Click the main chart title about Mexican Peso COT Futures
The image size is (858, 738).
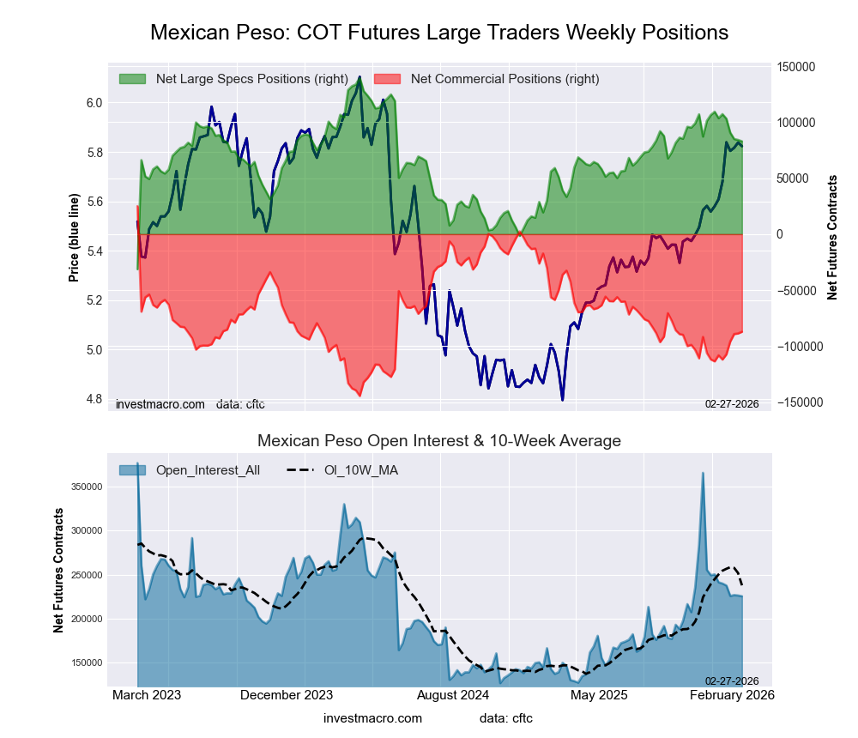[439, 33]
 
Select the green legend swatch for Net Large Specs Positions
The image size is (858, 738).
[132, 79]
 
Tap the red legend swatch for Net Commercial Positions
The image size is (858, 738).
[387, 79]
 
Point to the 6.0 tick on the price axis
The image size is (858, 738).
[94, 103]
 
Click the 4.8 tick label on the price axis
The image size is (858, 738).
[94, 399]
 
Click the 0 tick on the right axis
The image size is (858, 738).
[780, 234]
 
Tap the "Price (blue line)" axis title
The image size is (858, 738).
[75, 239]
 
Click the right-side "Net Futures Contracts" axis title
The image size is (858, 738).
[832, 237]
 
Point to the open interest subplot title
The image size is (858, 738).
[439, 441]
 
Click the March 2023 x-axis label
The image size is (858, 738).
[147, 695]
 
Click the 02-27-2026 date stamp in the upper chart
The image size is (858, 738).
[732, 403]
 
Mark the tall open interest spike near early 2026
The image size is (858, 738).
[703, 475]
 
